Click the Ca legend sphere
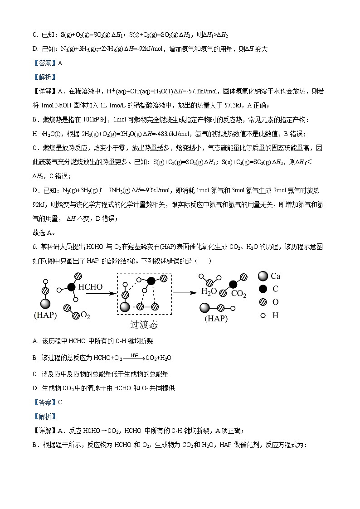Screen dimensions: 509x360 pyautogui.click(x=263, y=276)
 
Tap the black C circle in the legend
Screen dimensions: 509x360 pyautogui.click(x=263, y=289)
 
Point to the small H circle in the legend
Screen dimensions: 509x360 pyautogui.click(x=263, y=315)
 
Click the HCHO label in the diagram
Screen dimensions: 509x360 pyautogui.click(x=91, y=287)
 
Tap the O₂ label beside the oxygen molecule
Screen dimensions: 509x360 pyautogui.click(x=85, y=315)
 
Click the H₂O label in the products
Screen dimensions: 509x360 pyautogui.click(x=209, y=291)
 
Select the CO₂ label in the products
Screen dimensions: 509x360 pyautogui.click(x=238, y=294)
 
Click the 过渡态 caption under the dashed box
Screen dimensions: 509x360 pyautogui.click(x=144, y=325)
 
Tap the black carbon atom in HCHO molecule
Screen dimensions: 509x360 pyautogui.click(x=71, y=287)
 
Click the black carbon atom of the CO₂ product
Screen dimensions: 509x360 pyautogui.click(x=233, y=284)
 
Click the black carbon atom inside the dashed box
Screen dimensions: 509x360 pyautogui.click(x=151, y=281)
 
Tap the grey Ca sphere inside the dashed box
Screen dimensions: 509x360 pyautogui.click(x=125, y=307)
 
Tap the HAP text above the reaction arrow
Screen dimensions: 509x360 pyautogui.click(x=134, y=355)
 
